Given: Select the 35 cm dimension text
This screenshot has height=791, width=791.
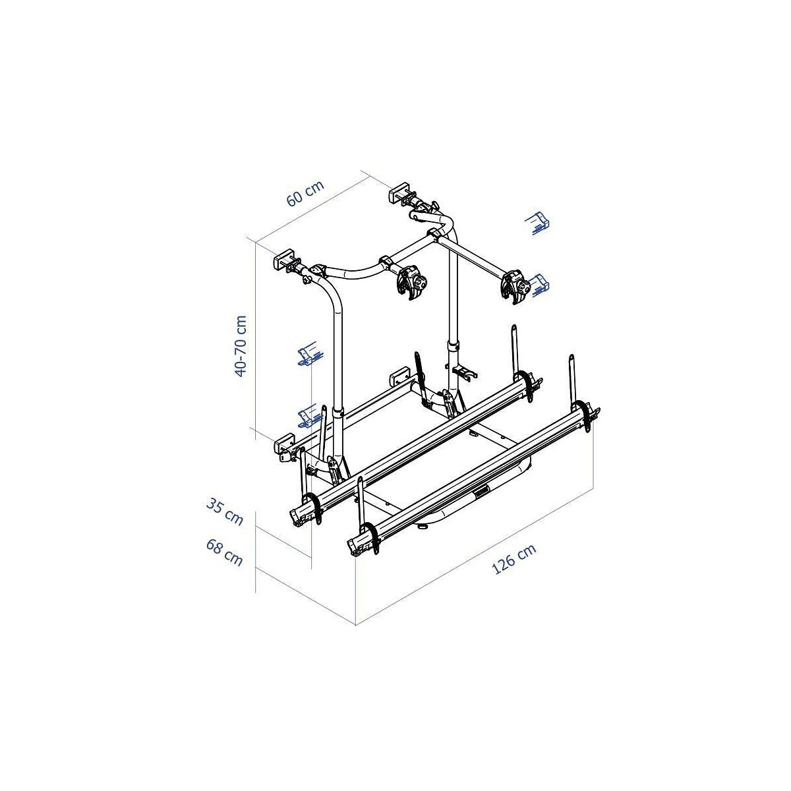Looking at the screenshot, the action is pos(224,512).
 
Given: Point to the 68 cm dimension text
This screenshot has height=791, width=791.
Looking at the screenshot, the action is pos(224,552).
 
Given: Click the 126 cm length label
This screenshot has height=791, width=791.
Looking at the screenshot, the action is pos(513,559).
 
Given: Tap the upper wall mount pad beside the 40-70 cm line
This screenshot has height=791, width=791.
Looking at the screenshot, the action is pos(285,259).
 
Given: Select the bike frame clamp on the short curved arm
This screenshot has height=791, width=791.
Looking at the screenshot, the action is pos(411,283).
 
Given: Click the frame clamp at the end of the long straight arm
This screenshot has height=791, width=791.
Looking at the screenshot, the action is pos(515,287).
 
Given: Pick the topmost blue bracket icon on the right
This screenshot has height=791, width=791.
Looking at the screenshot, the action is pos(538,223).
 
